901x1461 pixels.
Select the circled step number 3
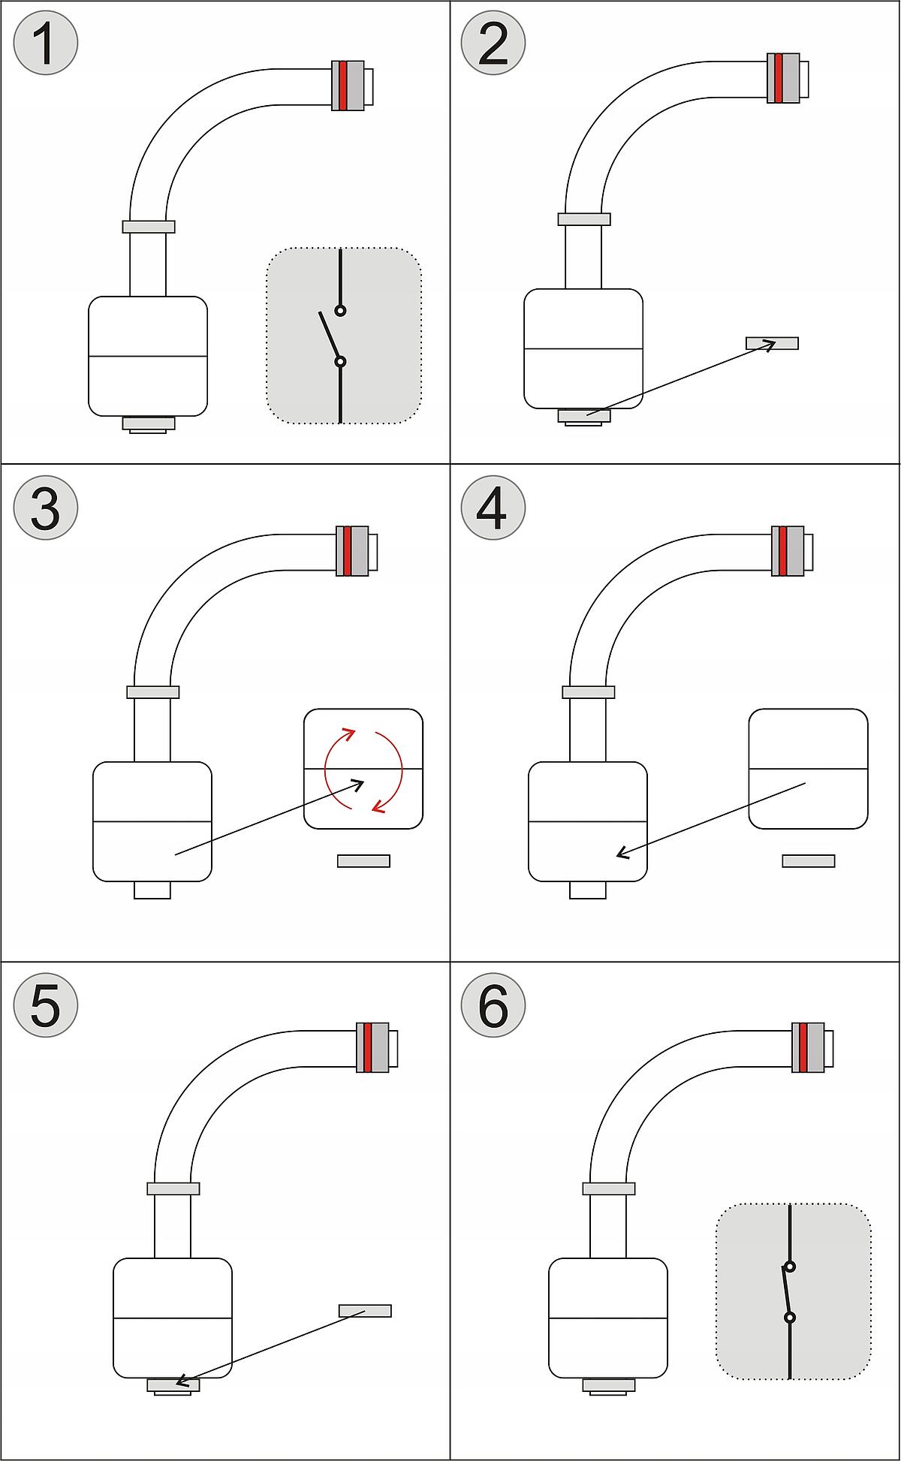point(45,508)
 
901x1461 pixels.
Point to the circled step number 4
point(493,508)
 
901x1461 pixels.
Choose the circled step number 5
point(45,1005)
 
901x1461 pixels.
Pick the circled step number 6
point(493,1005)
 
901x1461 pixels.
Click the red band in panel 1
point(343,86)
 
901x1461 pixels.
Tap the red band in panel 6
point(803,1047)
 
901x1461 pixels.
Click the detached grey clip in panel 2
point(772,343)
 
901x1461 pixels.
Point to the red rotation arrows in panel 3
point(363,770)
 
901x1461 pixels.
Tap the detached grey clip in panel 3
point(363,861)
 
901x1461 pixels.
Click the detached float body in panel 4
point(808,769)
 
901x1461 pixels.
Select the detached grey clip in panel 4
point(808,861)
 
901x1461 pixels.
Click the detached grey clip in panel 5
point(365,1310)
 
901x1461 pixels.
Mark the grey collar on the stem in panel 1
point(149,226)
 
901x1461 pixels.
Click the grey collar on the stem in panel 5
point(173,1188)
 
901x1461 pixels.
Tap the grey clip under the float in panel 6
point(608,1385)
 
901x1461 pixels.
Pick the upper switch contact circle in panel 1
point(340,310)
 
